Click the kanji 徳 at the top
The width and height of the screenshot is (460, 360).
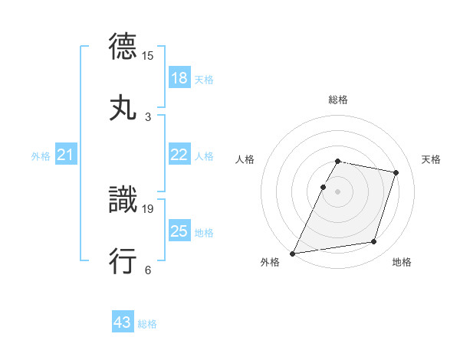[123, 47]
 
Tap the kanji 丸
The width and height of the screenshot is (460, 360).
[123, 107]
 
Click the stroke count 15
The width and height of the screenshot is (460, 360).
[148, 56]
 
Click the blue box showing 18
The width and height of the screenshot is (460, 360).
[179, 78]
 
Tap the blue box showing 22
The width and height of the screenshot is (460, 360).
[179, 155]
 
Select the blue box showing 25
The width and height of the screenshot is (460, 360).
[179, 231]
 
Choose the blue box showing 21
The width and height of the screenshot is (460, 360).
[65, 155]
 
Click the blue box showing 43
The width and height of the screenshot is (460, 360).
[122, 322]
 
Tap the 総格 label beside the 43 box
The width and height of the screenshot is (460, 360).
[147, 324]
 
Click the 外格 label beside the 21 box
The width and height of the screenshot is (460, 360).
[41, 156]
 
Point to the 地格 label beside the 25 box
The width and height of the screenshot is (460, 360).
[204, 233]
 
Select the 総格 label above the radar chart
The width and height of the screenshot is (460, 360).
[337, 100]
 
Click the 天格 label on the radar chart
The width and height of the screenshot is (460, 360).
[432, 159]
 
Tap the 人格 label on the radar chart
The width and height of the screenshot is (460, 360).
[245, 159]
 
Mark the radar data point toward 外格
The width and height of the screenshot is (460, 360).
[293, 253]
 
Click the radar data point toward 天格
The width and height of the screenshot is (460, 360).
[396, 172]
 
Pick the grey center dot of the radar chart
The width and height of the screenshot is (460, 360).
[337, 191]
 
